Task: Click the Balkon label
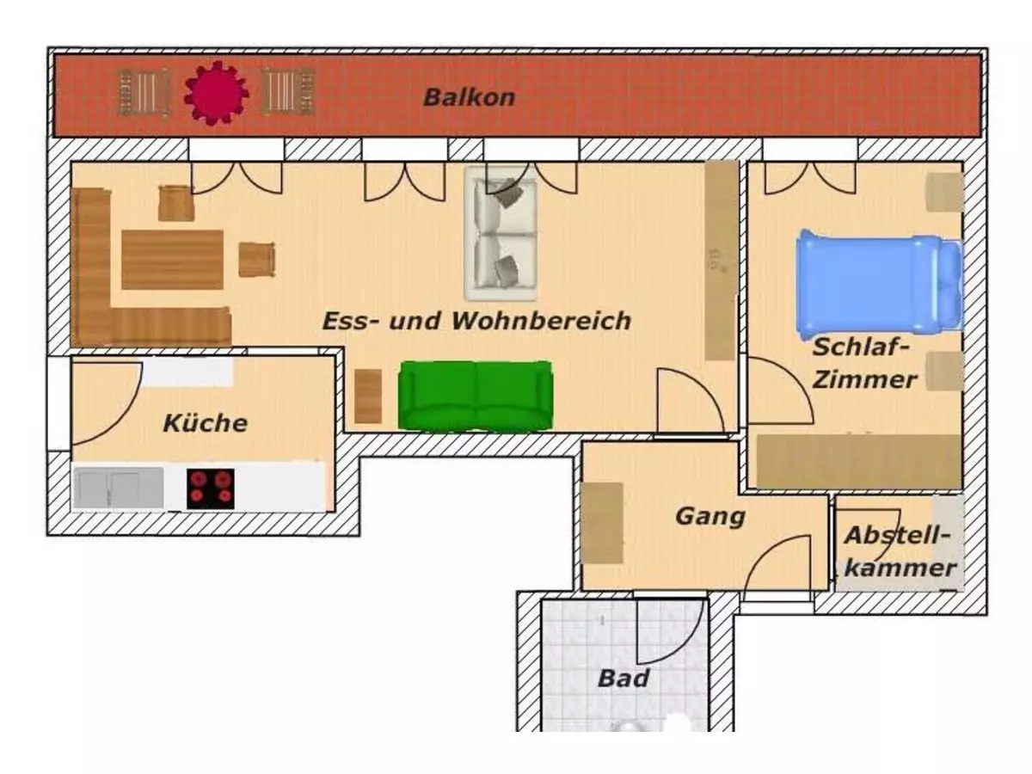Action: click(469, 97)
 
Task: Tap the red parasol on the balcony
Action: click(216, 93)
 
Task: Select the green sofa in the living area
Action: click(475, 396)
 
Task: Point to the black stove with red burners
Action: click(211, 488)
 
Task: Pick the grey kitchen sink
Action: click(118, 488)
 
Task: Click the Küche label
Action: click(205, 423)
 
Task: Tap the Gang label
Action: click(709, 517)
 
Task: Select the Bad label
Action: click(623, 679)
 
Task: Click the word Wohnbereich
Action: click(542, 322)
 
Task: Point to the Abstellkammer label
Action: click(900, 551)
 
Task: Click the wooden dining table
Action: click(172, 259)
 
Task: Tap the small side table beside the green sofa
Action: click(368, 396)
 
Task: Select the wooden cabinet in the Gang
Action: click(603, 522)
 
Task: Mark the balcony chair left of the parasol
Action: click(144, 92)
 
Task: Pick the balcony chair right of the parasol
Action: click(288, 92)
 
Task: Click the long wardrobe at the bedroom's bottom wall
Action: click(857, 462)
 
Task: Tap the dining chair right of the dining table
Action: click(256, 260)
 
